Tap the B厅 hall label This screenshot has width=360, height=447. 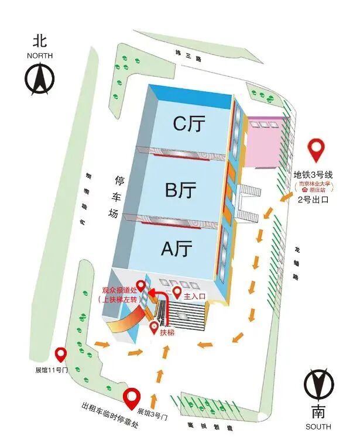pyautogui.click(x=180, y=191)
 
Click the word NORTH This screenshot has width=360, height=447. pyautogui.click(x=40, y=56)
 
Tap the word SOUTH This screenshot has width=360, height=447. pyautogui.click(x=318, y=427)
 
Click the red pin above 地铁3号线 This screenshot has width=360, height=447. pyautogui.click(x=317, y=150)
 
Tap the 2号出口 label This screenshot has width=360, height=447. pyautogui.click(x=313, y=200)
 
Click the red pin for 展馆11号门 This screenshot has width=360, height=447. pyautogui.click(x=60, y=355)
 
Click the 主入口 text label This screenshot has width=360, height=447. pyautogui.click(x=196, y=297)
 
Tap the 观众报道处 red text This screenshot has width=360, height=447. pyautogui.click(x=119, y=290)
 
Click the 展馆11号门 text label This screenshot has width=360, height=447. pyautogui.click(x=52, y=370)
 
